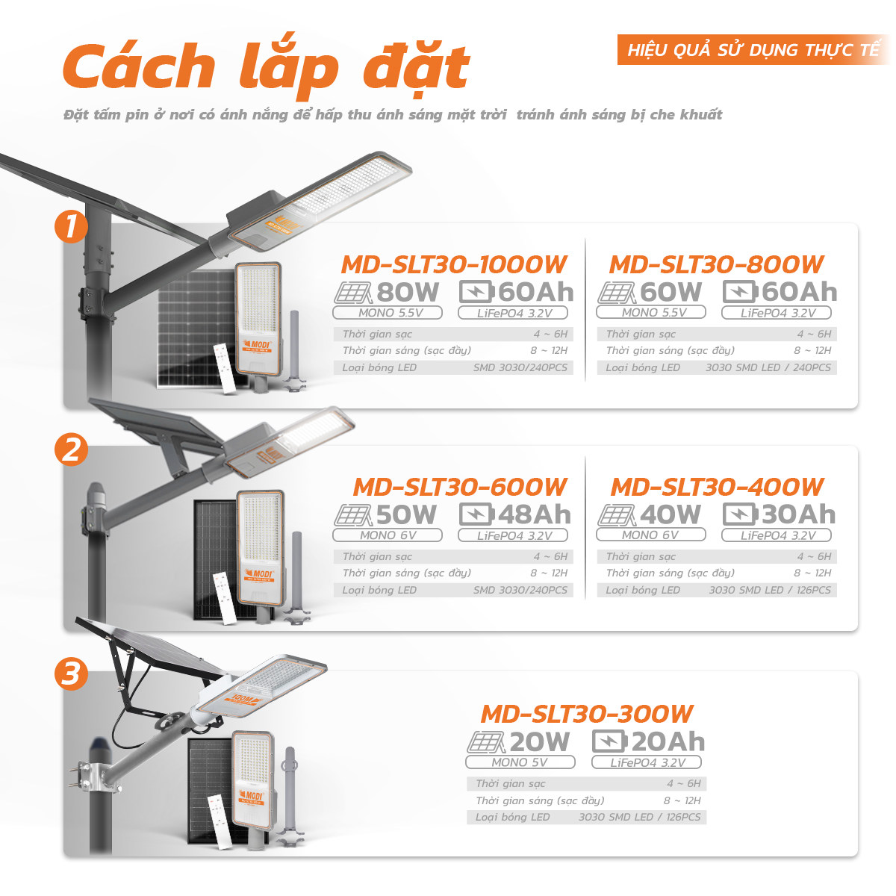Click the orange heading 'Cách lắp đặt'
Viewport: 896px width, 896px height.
[266, 67]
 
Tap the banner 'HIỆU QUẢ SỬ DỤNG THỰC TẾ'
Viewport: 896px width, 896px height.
[753, 50]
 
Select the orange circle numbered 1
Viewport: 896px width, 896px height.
[71, 226]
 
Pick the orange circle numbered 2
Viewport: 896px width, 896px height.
[71, 449]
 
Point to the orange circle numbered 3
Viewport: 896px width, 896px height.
[71, 673]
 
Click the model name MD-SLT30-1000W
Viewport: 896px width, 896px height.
[454, 264]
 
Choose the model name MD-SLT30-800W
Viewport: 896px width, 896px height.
[716, 264]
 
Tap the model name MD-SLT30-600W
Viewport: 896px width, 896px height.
[460, 487]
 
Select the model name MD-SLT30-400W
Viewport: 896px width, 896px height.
[717, 487]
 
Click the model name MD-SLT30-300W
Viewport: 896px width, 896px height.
[587, 714]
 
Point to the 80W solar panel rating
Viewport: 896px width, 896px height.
[408, 292]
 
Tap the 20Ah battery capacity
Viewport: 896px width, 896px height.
[668, 741]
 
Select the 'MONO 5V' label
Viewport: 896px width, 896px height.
[520, 762]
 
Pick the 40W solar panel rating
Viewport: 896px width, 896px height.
[671, 514]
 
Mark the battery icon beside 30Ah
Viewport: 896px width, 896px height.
[740, 514]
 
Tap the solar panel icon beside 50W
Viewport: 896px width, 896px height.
[352, 514]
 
